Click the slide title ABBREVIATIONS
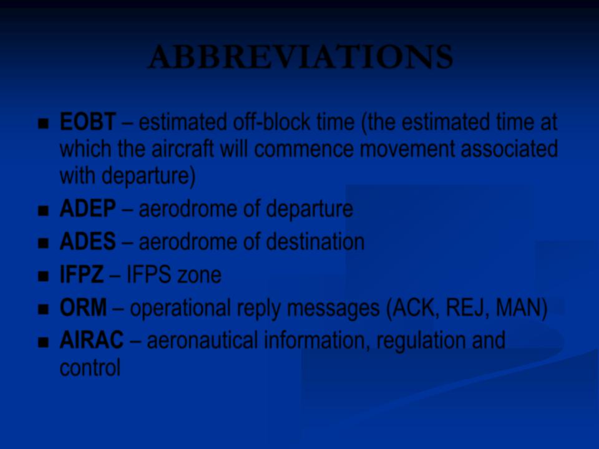tap(301, 57)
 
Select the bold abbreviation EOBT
tap(88, 122)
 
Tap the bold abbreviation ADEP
tap(88, 209)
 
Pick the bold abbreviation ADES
tap(88, 242)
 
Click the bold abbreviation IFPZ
tap(82, 274)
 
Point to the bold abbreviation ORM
tap(83, 307)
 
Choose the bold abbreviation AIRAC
tap(92, 340)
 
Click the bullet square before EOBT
tap(44, 123)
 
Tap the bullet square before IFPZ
tap(44, 276)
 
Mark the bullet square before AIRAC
tap(44, 342)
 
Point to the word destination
tap(314, 242)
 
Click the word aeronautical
tap(202, 340)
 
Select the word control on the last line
tap(90, 367)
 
